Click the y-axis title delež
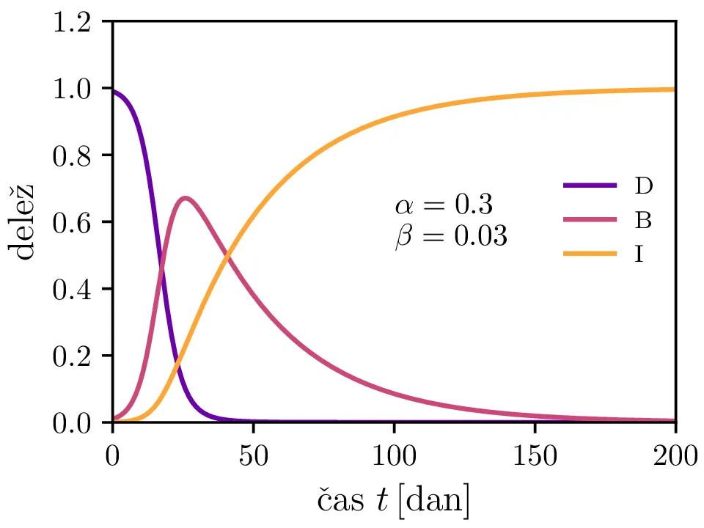[23, 222]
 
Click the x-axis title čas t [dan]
[394, 501]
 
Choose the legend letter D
[643, 186]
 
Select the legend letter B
[643, 219]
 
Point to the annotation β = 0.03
[450, 236]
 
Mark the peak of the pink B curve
[186, 198]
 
